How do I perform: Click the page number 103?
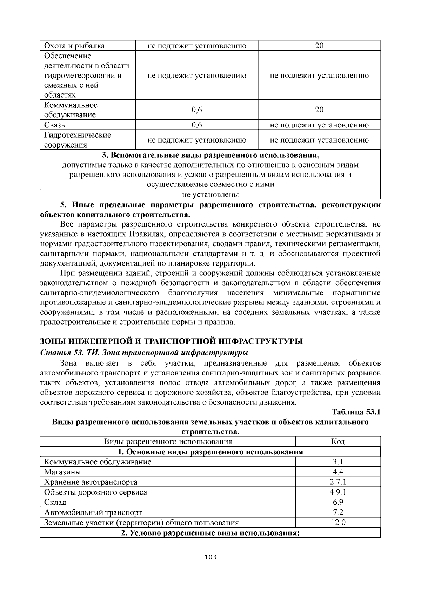[210, 557]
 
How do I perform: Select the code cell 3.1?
[338, 462]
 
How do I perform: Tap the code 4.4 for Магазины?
[338, 472]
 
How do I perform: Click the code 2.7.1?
[338, 482]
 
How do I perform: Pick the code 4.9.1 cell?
[338, 492]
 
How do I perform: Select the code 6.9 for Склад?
[338, 502]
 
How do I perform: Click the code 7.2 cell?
[338, 512]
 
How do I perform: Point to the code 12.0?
[338, 523]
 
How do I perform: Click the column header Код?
[338, 441]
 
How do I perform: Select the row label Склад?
[55, 502]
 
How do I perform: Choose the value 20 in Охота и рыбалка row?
[319, 46]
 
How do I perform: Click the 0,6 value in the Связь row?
[196, 125]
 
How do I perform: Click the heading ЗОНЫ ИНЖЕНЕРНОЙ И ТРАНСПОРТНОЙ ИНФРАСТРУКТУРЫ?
[171, 341]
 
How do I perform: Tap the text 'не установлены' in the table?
[210, 195]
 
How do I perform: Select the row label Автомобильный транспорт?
[93, 512]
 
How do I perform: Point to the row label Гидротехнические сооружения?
[77, 140]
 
